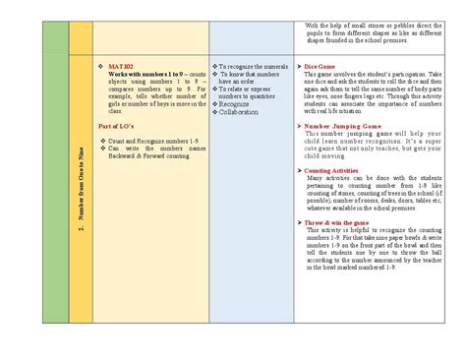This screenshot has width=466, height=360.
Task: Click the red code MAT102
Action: pos(126,66)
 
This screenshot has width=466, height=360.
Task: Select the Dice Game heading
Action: pos(320,66)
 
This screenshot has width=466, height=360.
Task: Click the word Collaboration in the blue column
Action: pos(242,112)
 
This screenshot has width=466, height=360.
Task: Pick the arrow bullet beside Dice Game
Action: pos(300,66)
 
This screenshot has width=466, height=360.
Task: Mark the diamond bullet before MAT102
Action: pos(102,66)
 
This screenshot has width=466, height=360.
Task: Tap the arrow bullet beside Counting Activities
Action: pos(300,169)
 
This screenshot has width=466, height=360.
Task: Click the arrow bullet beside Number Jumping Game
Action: pos(300,127)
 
